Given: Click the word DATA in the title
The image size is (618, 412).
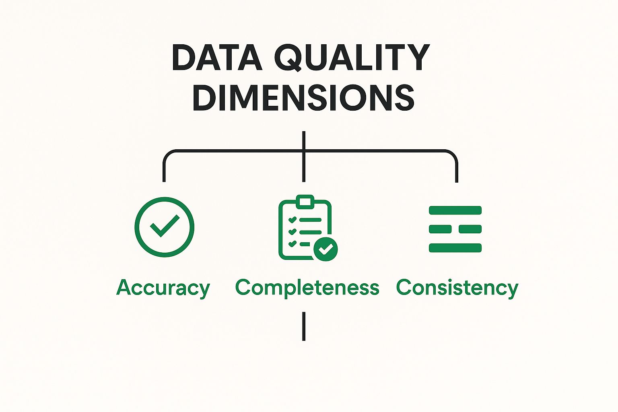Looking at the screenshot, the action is [x=216, y=58].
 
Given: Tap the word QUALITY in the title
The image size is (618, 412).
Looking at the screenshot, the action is [x=352, y=58].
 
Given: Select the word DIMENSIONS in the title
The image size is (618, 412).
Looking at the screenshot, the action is [x=303, y=97].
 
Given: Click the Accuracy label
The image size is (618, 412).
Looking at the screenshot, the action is [x=163, y=288].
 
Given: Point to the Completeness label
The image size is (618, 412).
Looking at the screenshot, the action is [x=307, y=288].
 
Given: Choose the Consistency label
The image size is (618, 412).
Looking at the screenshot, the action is [x=457, y=288].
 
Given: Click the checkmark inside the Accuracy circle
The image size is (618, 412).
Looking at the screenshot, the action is [x=165, y=225].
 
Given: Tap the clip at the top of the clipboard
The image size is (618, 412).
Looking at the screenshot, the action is [x=305, y=202].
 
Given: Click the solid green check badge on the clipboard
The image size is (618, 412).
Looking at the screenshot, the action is [x=325, y=249].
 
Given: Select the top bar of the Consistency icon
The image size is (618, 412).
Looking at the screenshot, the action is [x=455, y=210].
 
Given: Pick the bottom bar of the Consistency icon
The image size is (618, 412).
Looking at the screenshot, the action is [x=455, y=248].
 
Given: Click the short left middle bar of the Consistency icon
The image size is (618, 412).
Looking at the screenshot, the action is [x=440, y=229].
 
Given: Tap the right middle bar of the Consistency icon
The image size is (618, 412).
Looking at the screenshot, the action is [x=470, y=229].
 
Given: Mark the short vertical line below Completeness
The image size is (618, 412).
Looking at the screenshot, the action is [x=304, y=326].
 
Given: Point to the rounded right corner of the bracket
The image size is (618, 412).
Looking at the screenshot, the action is [x=453, y=155].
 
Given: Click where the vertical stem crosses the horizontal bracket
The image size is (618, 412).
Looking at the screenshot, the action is [x=304, y=150].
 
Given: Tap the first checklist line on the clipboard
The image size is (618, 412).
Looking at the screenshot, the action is [x=310, y=220].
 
